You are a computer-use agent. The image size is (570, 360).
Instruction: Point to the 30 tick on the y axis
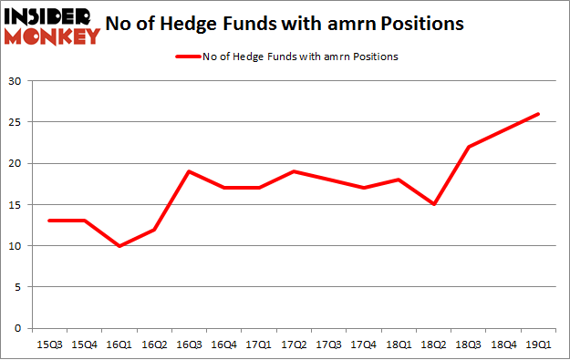[15, 81]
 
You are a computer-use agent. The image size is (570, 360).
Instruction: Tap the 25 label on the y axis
[15, 122]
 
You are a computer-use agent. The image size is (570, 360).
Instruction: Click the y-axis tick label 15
[15, 204]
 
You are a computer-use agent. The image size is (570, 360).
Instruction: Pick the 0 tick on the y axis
[17, 328]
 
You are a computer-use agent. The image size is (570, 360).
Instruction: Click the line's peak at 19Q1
[538, 114]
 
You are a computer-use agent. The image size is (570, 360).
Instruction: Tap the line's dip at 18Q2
[434, 204]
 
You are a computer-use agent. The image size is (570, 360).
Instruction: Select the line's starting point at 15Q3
[50, 221]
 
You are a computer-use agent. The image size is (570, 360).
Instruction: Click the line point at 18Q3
[469, 147]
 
